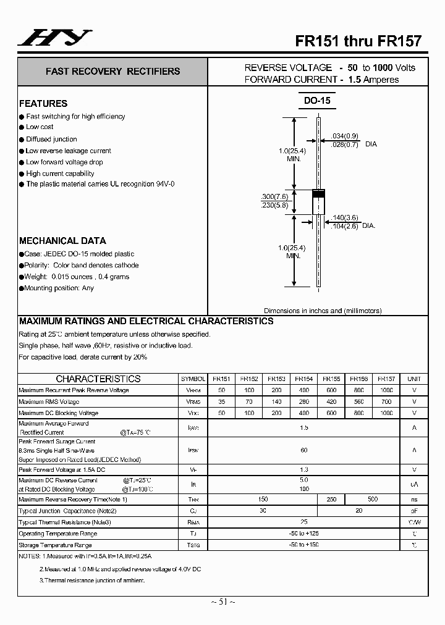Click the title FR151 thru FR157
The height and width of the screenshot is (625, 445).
point(358,41)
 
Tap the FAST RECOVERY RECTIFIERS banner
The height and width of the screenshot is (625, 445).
point(112,72)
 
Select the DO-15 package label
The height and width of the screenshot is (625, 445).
point(317,100)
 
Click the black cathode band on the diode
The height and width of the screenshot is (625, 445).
point(318,195)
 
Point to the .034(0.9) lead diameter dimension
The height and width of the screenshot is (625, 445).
point(345,136)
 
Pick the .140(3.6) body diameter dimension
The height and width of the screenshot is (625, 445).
point(345,217)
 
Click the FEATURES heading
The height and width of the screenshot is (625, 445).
point(43,104)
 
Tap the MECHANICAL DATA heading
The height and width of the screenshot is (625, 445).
point(62,241)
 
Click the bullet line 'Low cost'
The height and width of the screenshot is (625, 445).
point(40,127)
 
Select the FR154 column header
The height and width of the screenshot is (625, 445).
point(303,379)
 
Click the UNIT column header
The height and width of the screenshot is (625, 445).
point(414,379)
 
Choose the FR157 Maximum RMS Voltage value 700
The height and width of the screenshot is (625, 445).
point(386,401)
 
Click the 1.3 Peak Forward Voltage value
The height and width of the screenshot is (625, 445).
point(303,470)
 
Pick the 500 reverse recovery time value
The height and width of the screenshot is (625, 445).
point(373,499)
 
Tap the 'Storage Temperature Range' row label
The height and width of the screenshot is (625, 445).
point(55,545)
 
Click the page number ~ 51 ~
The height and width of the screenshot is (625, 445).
point(222,602)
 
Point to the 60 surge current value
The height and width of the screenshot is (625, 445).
point(303,450)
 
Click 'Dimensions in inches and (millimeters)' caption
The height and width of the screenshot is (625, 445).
point(323,311)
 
